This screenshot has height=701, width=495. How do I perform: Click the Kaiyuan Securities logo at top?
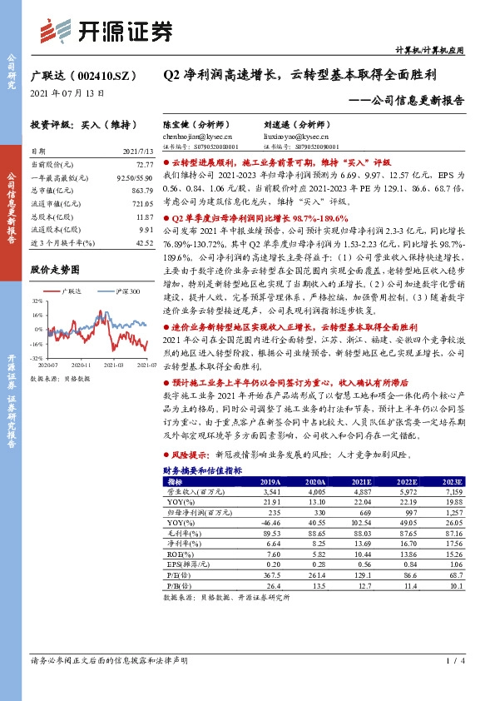click(107, 31)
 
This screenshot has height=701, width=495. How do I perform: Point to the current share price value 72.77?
click(144, 167)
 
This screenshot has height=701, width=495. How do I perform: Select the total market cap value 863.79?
click(142, 191)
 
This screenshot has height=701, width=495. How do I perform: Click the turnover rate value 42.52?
click(144, 242)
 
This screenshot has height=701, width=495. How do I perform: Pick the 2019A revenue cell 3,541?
click(271, 492)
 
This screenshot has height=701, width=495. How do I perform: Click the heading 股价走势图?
click(55, 270)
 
